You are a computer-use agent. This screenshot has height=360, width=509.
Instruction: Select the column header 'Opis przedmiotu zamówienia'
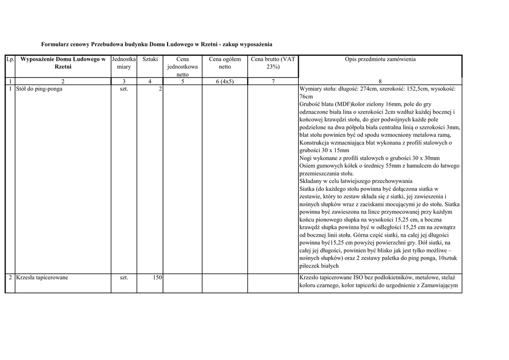[380, 59]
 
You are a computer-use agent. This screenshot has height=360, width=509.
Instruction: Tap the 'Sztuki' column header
[150, 59]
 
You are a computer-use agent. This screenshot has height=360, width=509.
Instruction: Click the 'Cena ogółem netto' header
[225, 63]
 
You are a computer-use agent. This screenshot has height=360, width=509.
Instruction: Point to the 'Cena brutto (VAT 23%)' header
[273, 63]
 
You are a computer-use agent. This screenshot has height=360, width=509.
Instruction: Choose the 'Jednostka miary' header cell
[124, 63]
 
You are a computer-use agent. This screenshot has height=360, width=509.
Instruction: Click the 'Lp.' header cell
[10, 59]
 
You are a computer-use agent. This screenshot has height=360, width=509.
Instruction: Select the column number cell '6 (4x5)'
[225, 82]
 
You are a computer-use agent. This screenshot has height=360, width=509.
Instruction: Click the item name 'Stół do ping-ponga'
[39, 89]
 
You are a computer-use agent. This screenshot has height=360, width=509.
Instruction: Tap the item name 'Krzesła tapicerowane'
[42, 277]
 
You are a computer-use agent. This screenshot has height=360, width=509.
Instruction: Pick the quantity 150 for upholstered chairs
[158, 277]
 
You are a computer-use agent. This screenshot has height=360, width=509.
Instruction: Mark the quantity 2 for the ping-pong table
[160, 89]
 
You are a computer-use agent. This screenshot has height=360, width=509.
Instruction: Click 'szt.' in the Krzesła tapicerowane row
[124, 277]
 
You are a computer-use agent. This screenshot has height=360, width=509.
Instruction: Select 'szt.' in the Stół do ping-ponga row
[124, 89]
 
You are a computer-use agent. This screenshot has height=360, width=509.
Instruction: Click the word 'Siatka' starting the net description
[308, 189]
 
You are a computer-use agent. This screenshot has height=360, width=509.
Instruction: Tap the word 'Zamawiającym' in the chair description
[439, 285]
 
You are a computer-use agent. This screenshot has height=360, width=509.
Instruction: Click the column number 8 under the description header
[380, 82]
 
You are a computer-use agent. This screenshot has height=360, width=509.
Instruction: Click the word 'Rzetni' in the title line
[209, 44]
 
